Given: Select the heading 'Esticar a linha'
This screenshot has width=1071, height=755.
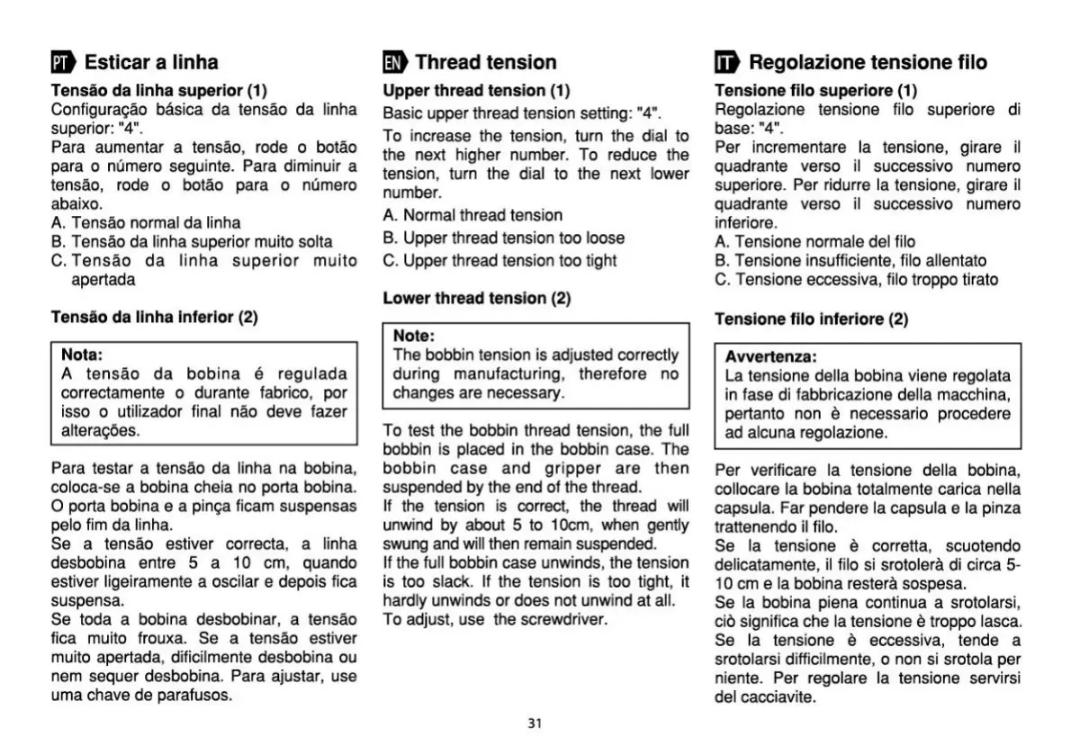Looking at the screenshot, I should [151, 62].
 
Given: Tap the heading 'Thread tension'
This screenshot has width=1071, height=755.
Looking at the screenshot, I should [486, 62].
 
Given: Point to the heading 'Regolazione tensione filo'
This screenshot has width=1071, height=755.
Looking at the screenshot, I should [868, 62].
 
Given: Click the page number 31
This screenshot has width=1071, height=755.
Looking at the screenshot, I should [535, 724].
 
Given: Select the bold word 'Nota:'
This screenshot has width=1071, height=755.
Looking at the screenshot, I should [82, 355].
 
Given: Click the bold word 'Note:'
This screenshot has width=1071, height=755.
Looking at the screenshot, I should [414, 336].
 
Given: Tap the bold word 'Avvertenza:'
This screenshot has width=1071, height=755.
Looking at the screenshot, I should [770, 355].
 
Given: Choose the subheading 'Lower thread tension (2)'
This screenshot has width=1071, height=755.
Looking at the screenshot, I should [477, 298].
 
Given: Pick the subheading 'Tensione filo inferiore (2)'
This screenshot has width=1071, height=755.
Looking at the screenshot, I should [811, 319].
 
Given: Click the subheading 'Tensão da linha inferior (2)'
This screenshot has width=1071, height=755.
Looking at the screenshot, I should [154, 317].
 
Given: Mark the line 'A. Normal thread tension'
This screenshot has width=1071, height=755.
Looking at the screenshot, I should [472, 216].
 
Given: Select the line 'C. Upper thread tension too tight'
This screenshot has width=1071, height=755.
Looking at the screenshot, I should [499, 261].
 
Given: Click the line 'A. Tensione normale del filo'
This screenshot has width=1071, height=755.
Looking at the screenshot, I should [814, 241].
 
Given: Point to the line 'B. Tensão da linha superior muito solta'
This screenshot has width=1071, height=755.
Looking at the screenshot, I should [192, 241].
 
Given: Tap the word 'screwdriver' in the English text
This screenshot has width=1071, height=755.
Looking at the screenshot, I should [564, 619].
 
